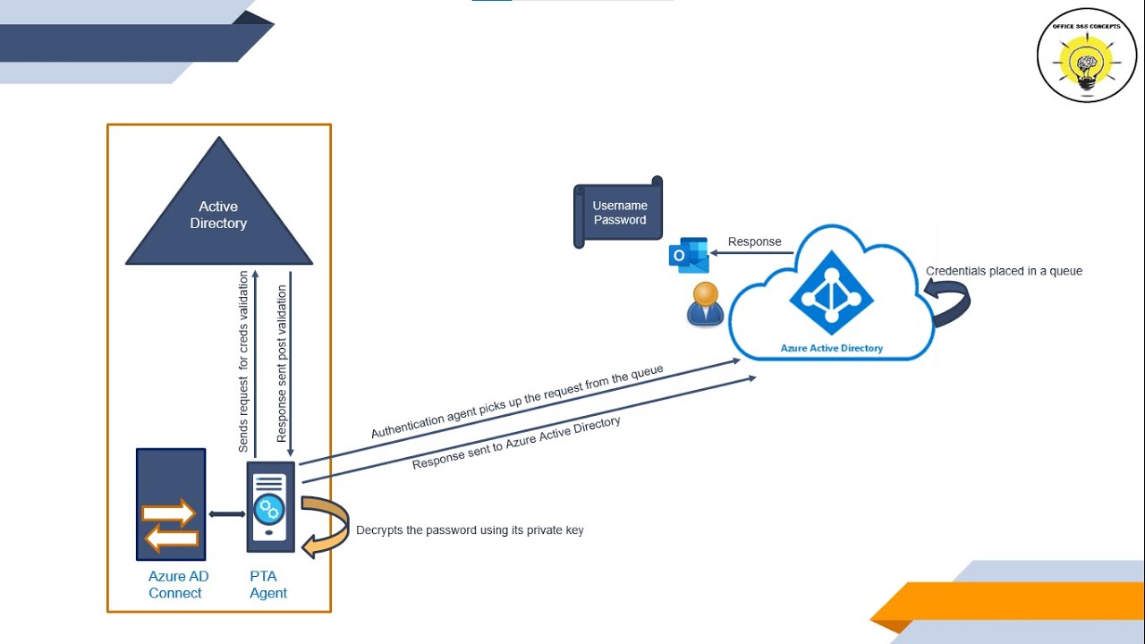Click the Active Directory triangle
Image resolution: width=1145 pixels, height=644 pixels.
pos(218,215)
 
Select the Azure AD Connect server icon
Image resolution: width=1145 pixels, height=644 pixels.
pos(171,504)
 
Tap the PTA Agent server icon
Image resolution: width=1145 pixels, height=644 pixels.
pos(270,507)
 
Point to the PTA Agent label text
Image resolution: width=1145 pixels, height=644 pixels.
pos(268,585)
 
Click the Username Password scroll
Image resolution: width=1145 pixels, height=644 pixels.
pos(619,213)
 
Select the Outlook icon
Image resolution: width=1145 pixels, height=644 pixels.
pos(689,255)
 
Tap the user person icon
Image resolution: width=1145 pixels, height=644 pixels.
pos(706,304)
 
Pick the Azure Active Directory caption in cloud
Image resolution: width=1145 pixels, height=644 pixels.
pos(831,348)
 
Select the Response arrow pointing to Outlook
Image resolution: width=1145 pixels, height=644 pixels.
pos(752,253)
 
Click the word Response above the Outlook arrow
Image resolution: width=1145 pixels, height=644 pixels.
pos(754,241)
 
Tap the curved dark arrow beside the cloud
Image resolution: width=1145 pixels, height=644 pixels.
pos(950,303)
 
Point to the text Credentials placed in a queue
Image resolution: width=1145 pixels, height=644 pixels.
pos(1004,271)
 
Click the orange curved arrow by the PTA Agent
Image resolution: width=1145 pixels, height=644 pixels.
pos(326,527)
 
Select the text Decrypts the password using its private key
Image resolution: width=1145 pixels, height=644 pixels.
pos(470,530)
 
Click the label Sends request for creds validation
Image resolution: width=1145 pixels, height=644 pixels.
pos(243,362)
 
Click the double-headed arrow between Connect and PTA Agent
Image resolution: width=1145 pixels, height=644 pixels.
pos(226,513)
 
